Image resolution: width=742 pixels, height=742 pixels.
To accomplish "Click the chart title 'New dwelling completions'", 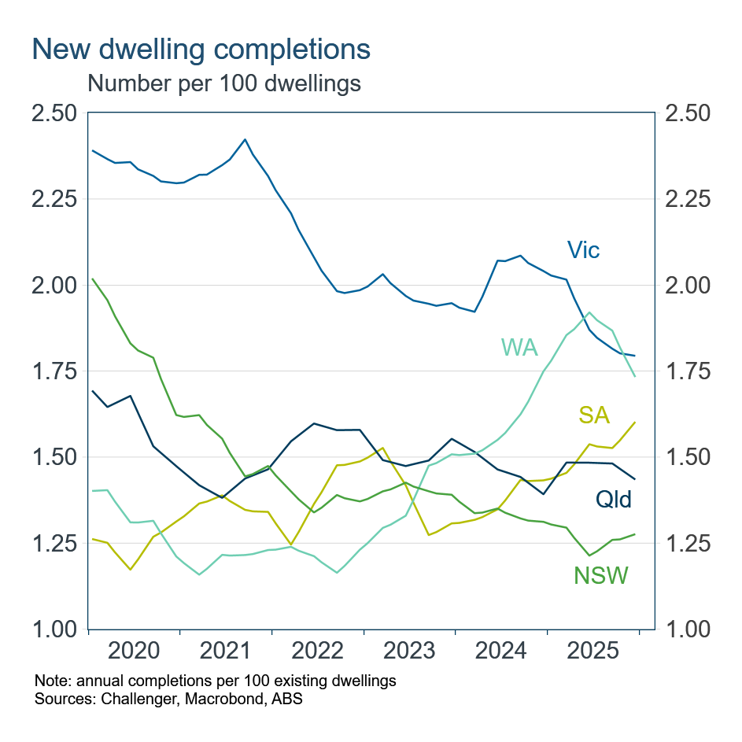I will coord(201,49).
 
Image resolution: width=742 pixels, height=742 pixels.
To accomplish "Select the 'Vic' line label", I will coord(584,250).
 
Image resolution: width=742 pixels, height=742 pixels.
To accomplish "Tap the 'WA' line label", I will coord(519,347).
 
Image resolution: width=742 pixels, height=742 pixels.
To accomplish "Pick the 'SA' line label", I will coord(594,415).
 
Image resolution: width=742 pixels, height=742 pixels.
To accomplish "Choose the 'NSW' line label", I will coord(601,576).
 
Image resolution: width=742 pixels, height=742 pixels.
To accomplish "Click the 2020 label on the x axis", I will coord(134,652).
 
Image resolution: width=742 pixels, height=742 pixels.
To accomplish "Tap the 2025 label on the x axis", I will coord(592,652).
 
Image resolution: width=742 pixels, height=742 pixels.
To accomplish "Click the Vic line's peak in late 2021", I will coord(245,139).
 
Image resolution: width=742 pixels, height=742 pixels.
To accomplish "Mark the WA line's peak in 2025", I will coord(589,312).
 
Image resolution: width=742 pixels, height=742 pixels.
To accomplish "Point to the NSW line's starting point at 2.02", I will coord(94,279).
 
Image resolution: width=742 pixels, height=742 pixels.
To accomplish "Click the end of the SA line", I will coord(635,422).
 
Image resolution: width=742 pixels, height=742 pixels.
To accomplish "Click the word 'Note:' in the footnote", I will coord(51,680).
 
